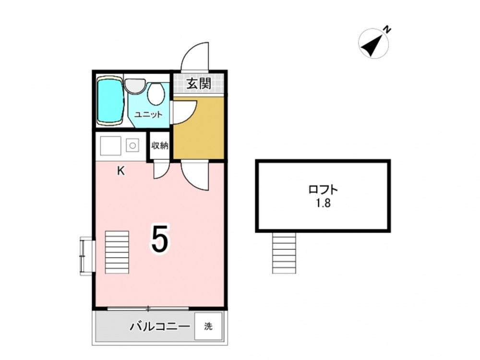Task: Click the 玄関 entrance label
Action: (x=199, y=83)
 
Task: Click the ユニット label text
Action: (x=148, y=115)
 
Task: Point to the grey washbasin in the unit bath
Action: (x=135, y=86)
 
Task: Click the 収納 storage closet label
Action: (x=160, y=146)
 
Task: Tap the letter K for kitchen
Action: (x=121, y=171)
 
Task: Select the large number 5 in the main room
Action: (x=159, y=239)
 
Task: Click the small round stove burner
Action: (x=132, y=146)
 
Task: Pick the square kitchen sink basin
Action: (x=111, y=146)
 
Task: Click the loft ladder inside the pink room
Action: (x=117, y=252)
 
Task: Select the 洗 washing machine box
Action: (x=208, y=326)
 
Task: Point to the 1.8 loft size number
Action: (x=323, y=203)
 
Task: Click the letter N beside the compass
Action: (x=387, y=30)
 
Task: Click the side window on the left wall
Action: (x=86, y=256)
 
